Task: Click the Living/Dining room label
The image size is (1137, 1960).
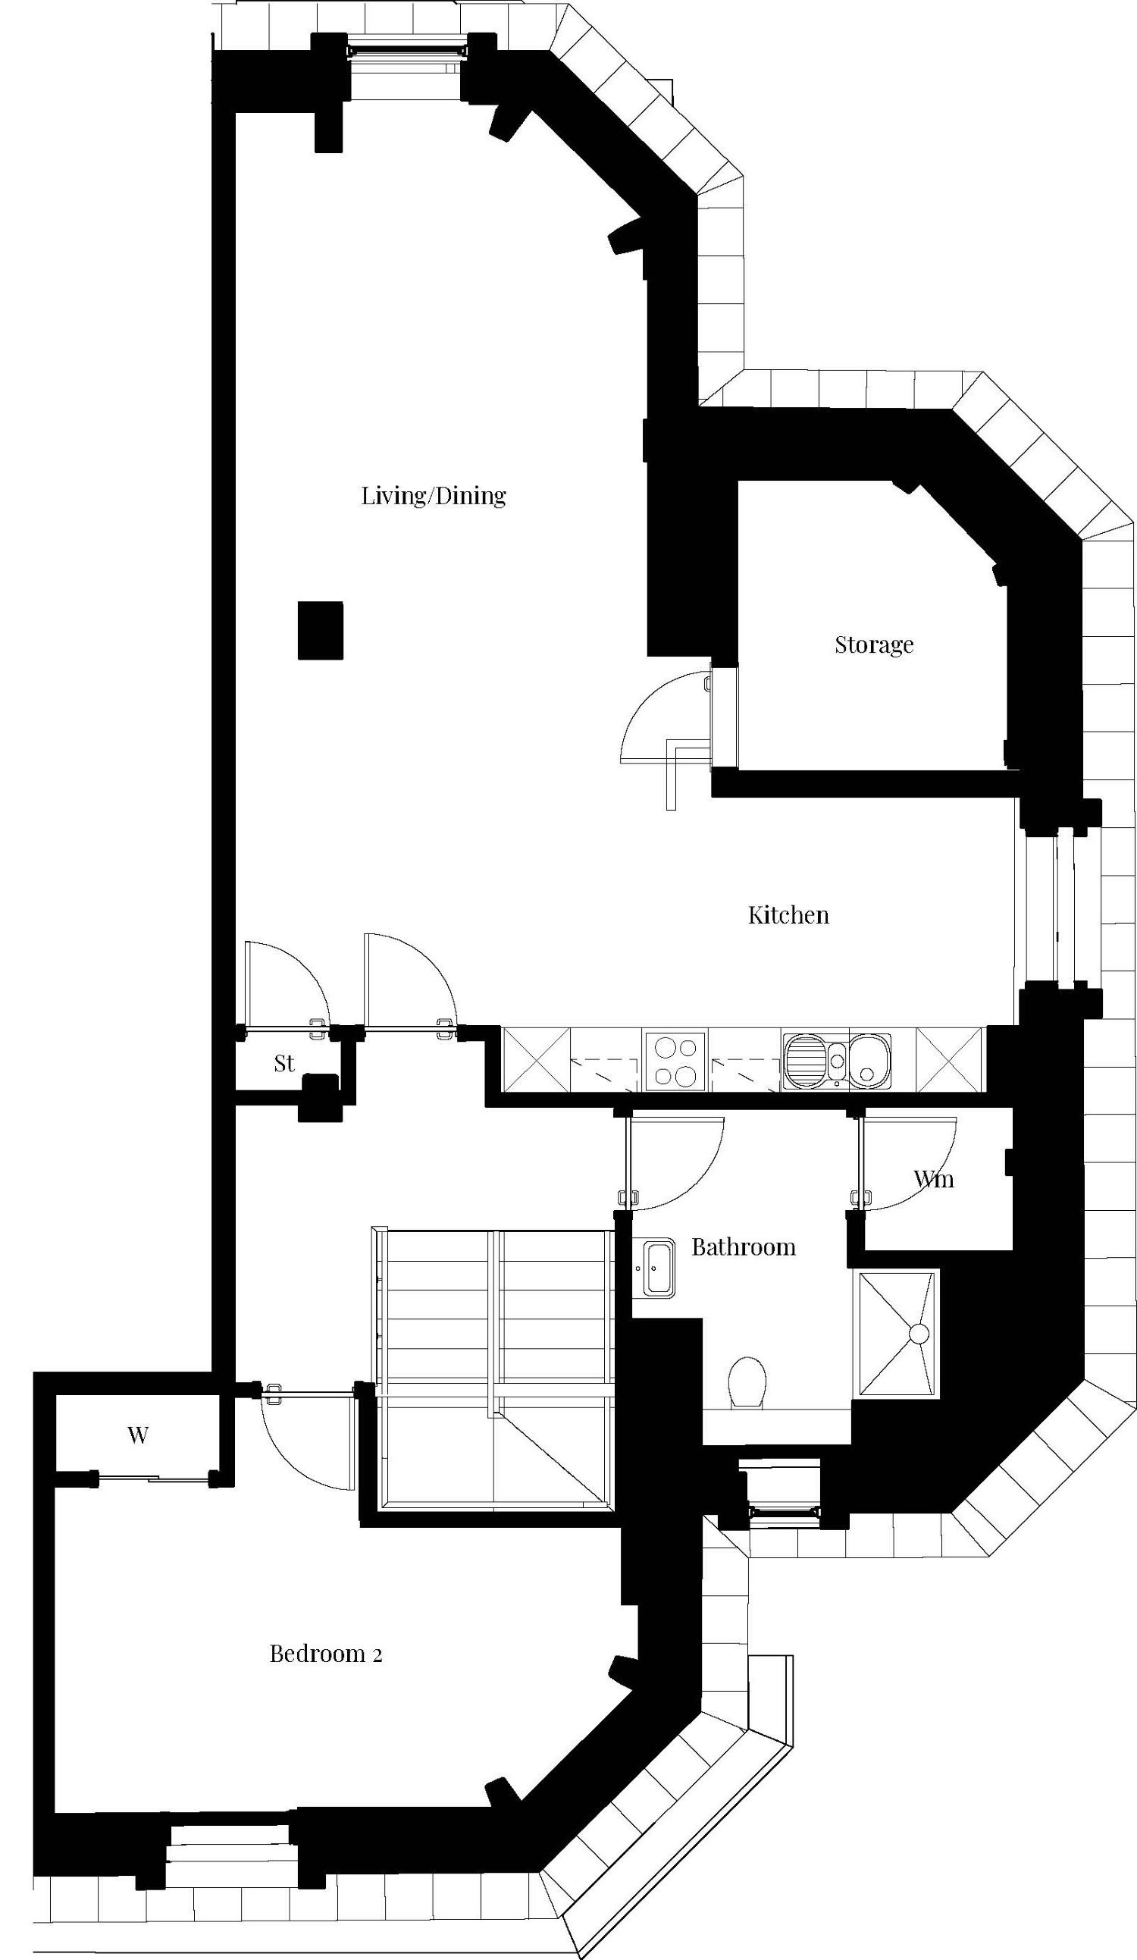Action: (x=433, y=495)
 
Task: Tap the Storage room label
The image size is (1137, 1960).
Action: (x=873, y=644)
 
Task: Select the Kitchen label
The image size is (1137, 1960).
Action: (x=788, y=914)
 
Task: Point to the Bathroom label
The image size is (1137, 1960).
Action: (x=743, y=1247)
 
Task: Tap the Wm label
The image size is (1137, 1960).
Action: (x=933, y=1179)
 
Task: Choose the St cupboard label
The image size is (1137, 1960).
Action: (x=283, y=1063)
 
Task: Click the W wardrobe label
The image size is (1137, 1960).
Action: (x=138, y=1435)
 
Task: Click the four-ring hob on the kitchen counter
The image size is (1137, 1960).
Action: (x=675, y=1061)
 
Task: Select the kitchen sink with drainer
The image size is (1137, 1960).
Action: (x=837, y=1059)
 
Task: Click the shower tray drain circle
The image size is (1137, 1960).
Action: (x=919, y=1334)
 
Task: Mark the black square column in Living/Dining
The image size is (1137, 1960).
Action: (x=321, y=631)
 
